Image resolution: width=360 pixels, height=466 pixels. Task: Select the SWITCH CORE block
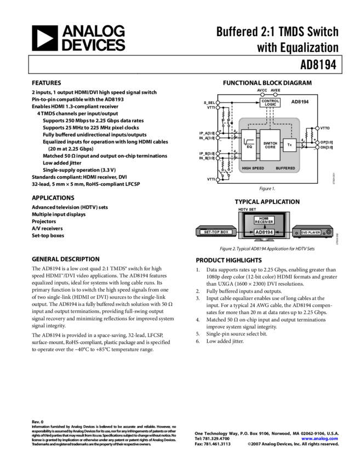[x=270, y=145]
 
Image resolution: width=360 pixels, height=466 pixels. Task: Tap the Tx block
[x=289, y=145]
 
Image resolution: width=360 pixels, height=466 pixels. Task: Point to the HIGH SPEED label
[x=253, y=168]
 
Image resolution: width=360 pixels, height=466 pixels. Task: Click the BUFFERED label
[x=285, y=168]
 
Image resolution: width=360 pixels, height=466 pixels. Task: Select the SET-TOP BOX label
[x=216, y=232]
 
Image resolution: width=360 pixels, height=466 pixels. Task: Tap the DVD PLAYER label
[x=311, y=233]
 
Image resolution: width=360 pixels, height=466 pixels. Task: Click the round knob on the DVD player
[x=328, y=232]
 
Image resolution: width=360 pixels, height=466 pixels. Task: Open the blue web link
[x=319, y=439]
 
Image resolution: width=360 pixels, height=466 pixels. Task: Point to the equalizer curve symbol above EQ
[x=248, y=141]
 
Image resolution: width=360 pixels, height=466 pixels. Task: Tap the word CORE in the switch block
[x=270, y=147]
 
